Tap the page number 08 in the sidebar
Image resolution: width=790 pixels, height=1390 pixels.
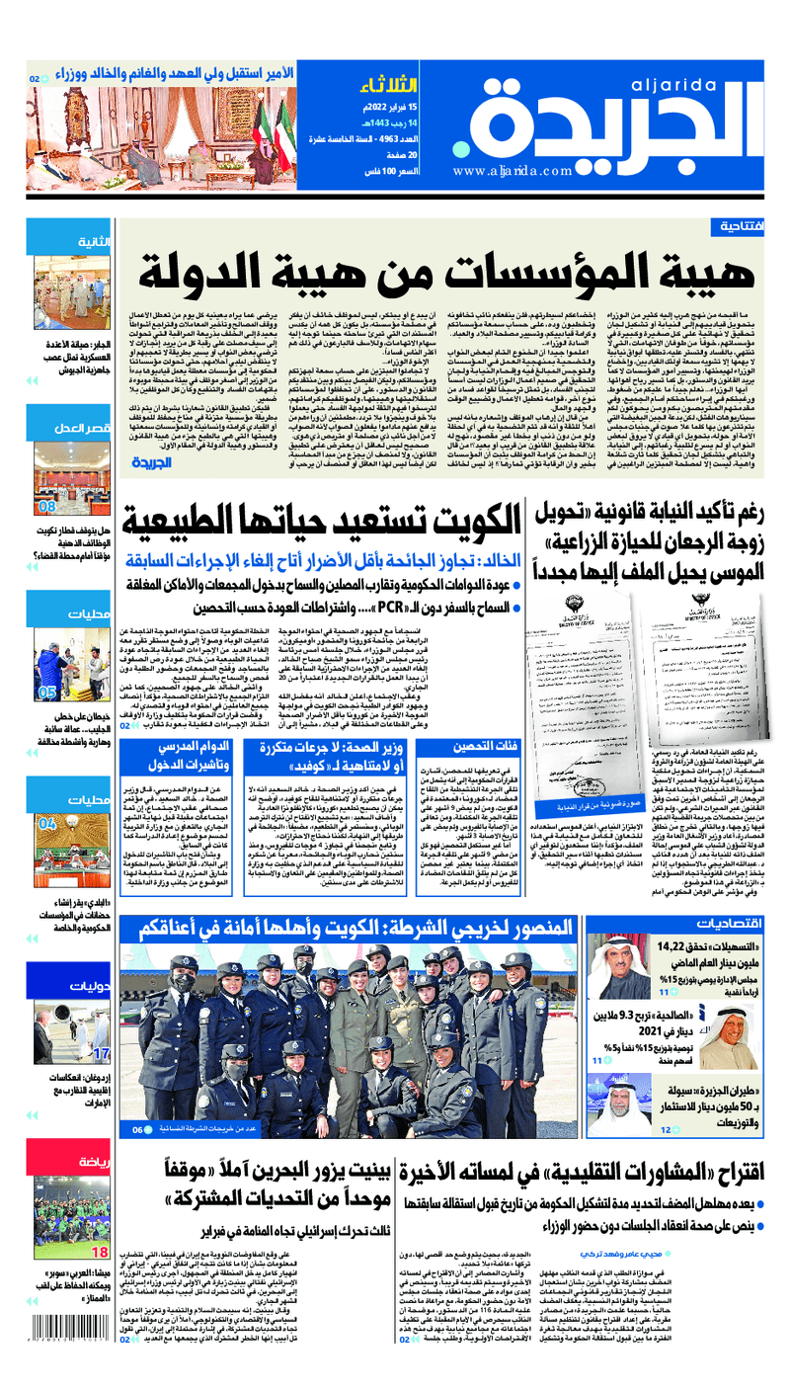[46, 507]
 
